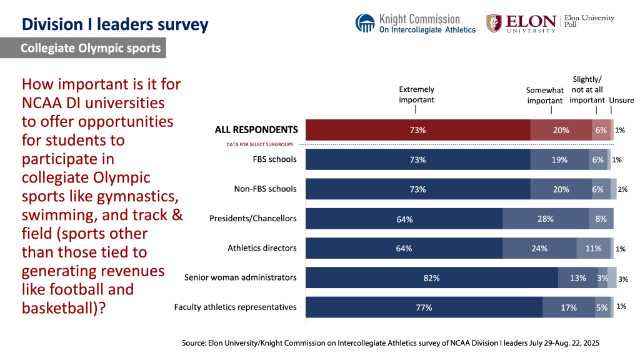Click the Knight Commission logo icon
coord(365,23)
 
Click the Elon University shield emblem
coord(494,23)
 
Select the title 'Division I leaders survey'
coord(115,24)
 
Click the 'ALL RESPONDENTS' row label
coord(256,130)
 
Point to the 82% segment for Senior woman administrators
coord(431,277)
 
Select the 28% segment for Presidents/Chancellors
coord(546,219)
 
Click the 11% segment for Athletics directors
coord(593,248)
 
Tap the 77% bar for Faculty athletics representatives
coord(424,307)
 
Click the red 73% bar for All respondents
coord(417,130)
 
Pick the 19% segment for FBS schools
coord(559,159)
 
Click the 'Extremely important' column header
coord(416,94)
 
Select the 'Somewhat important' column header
coord(545,95)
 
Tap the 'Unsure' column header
coord(621,100)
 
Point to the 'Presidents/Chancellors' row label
coord(252,218)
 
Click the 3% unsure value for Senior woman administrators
coord(622,279)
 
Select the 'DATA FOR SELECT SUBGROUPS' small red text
coord(261,144)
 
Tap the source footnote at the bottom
coord(391,343)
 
